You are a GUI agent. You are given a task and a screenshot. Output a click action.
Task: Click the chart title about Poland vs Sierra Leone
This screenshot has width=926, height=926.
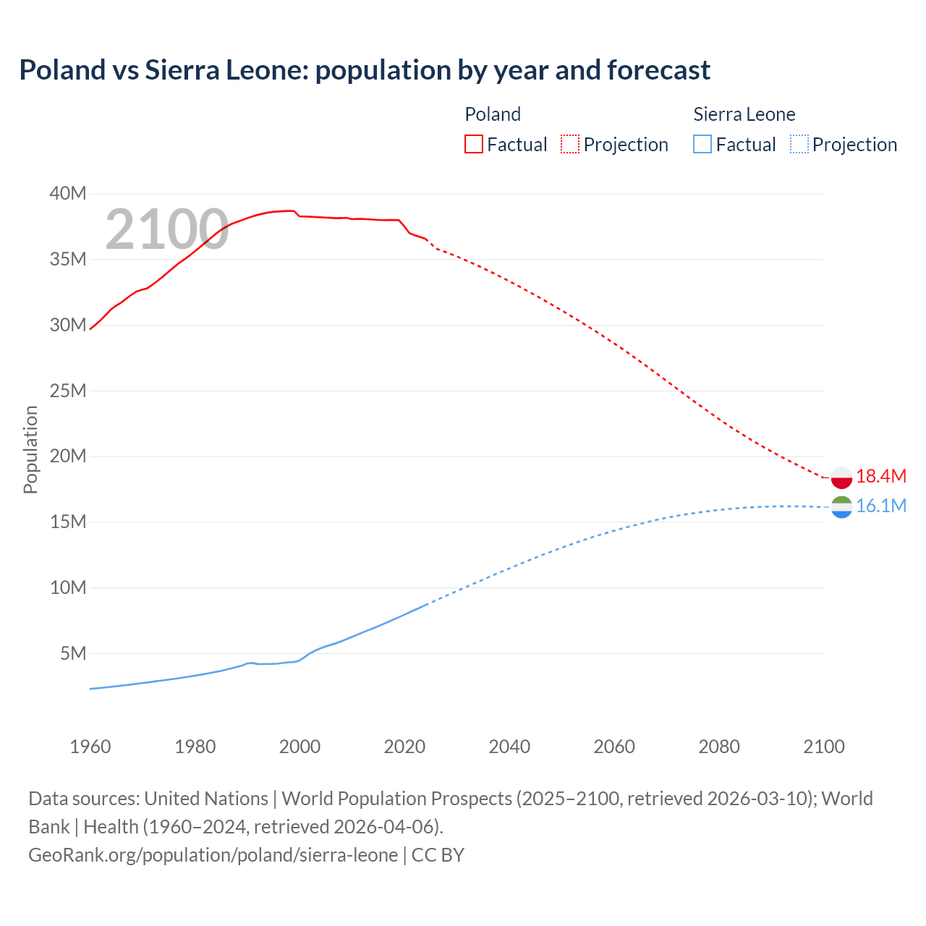click(365, 70)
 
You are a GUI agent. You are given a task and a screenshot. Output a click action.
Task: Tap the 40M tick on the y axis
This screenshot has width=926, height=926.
click(68, 193)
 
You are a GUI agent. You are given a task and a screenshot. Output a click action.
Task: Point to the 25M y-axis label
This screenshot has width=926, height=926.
click(68, 391)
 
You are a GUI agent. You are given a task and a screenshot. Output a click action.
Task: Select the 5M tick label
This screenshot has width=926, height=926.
click(73, 653)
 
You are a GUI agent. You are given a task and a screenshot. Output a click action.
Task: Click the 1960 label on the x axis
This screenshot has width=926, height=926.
click(90, 747)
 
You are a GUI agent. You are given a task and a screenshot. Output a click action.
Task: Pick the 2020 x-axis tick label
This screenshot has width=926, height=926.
click(404, 747)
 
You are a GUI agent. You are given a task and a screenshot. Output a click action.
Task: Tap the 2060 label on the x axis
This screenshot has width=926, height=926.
click(614, 747)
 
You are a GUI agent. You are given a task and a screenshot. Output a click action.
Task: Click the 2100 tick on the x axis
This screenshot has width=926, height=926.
click(823, 747)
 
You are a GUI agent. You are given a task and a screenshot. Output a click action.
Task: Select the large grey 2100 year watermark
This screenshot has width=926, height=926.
click(167, 229)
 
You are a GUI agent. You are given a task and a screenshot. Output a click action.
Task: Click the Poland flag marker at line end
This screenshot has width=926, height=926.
click(841, 477)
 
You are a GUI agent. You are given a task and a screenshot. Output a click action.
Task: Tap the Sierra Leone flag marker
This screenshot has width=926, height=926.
click(841, 507)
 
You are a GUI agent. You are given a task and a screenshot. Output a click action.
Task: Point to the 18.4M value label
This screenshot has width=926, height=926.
click(880, 476)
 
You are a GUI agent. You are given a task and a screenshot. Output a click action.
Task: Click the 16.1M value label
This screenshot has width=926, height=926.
click(880, 506)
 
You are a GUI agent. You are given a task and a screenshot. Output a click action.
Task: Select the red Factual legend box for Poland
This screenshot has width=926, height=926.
click(474, 145)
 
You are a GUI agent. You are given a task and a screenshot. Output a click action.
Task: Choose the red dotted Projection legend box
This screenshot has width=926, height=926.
click(570, 145)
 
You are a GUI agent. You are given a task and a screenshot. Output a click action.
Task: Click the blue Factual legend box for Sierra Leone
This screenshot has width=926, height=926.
click(702, 145)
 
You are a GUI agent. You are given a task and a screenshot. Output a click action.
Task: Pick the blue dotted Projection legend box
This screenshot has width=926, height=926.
click(799, 145)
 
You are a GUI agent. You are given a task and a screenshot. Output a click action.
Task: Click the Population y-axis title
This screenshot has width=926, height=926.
click(30, 449)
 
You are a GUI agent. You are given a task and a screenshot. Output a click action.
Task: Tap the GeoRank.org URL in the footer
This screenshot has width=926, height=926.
click(213, 854)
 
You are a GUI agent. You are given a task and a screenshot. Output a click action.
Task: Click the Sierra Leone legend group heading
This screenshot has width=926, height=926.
click(744, 114)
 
